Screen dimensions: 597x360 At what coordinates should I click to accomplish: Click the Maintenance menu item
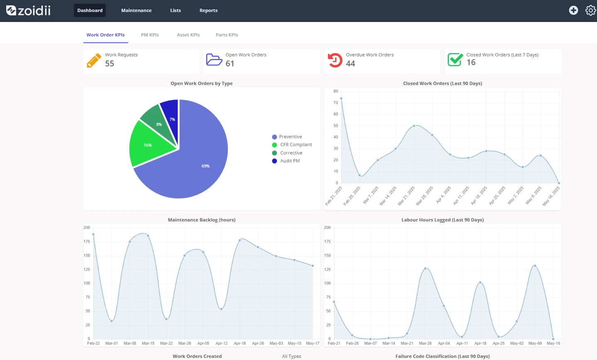(136, 10)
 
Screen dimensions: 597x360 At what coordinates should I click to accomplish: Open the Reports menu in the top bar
(208, 10)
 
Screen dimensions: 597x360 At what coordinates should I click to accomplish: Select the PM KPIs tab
(150, 35)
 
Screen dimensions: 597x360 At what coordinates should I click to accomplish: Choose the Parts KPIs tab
(227, 35)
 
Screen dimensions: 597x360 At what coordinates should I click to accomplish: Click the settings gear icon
(591, 10)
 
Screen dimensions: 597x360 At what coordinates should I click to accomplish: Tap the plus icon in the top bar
(573, 10)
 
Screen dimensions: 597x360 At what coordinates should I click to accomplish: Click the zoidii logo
(28, 10)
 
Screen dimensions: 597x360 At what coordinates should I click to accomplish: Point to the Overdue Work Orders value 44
(350, 63)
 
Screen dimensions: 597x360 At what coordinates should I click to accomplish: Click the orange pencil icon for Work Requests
(94, 61)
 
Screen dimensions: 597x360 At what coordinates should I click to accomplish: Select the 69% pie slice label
(205, 166)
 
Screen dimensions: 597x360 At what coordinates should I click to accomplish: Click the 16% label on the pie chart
(148, 145)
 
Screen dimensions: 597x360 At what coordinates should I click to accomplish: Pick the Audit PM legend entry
(286, 161)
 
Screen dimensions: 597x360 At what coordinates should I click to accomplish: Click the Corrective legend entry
(287, 153)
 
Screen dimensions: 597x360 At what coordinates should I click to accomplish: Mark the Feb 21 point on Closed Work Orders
(341, 98)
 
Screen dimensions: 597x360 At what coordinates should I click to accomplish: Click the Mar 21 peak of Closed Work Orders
(414, 126)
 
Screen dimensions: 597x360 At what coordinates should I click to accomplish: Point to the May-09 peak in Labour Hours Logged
(535, 266)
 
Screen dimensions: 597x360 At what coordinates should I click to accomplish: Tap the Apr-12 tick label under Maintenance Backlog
(222, 343)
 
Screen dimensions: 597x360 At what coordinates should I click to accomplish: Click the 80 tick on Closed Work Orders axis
(336, 91)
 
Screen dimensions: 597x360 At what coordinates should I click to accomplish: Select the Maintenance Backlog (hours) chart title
(202, 220)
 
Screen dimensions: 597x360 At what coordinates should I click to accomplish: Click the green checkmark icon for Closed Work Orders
(455, 59)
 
